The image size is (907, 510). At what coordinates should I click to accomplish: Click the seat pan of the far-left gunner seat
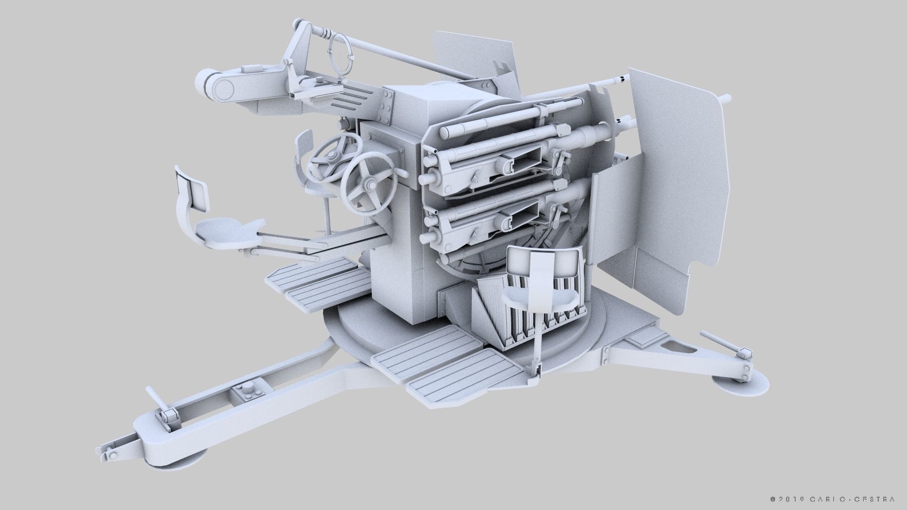(x=222, y=231)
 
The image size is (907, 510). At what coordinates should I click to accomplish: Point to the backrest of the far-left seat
(x=191, y=189)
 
